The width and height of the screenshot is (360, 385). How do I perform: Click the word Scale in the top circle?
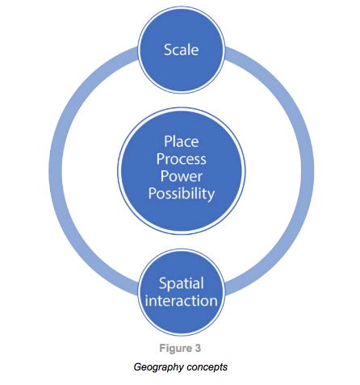[x=182, y=50]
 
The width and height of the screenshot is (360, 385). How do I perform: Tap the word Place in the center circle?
[x=182, y=141]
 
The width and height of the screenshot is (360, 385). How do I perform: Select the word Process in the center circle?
[x=182, y=159]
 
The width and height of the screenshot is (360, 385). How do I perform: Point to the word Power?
[x=182, y=177]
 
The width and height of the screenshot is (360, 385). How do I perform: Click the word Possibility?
[x=182, y=195]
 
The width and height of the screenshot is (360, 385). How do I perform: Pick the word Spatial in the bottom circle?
[x=182, y=283]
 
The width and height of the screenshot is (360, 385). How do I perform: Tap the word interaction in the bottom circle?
[x=182, y=301]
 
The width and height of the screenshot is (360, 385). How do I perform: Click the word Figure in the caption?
[x=175, y=349]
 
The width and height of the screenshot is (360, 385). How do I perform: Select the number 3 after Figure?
[x=198, y=348]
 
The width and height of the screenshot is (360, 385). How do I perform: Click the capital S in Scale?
[x=168, y=50]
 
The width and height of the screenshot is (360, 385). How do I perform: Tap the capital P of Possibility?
[x=152, y=193]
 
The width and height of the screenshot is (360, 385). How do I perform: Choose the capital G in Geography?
[x=137, y=366]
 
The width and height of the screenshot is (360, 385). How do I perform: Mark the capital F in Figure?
[x=162, y=348]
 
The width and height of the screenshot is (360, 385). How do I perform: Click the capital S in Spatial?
[x=163, y=283]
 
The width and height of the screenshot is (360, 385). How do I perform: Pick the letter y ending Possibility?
[x=211, y=195]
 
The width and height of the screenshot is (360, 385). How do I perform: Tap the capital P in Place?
[x=168, y=141]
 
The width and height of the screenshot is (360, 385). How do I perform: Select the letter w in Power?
[x=185, y=178]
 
